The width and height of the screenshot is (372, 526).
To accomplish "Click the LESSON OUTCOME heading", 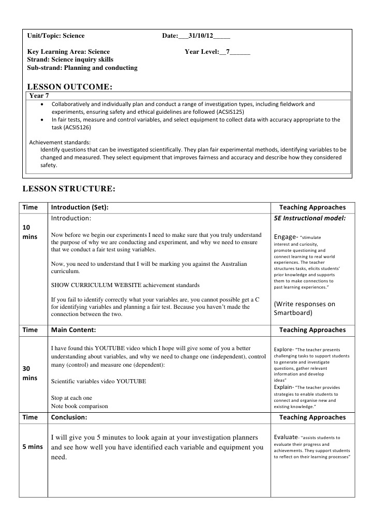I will pos(69,86).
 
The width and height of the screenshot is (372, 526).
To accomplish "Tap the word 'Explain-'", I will pos(284,387).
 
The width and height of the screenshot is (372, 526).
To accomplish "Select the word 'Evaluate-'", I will pos(286,437).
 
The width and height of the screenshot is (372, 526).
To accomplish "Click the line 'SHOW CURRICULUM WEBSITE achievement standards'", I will pos(125,285).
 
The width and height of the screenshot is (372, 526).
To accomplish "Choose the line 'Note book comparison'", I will pos(79,406).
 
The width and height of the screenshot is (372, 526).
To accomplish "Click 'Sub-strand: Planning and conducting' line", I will pos(82,68).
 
